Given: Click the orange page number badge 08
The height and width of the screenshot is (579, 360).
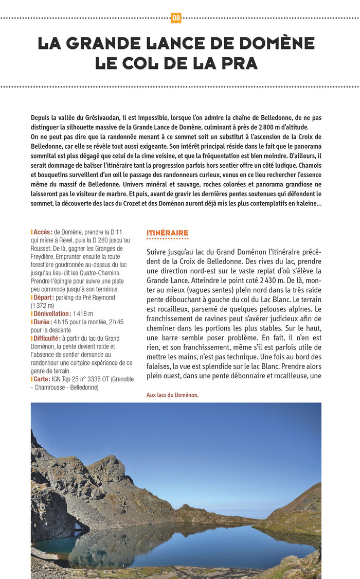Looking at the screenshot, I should click(176, 18).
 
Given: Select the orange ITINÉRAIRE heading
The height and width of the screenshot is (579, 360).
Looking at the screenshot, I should click(167, 233).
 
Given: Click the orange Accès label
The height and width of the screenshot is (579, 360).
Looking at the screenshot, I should click(42, 232).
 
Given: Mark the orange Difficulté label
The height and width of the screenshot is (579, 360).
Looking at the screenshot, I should click(47, 338).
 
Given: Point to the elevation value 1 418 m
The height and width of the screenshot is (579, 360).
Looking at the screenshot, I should click(83, 313).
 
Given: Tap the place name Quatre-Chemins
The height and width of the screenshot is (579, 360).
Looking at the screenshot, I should click(97, 273).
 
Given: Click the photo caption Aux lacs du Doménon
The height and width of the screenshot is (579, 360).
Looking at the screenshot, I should click(172, 395).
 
